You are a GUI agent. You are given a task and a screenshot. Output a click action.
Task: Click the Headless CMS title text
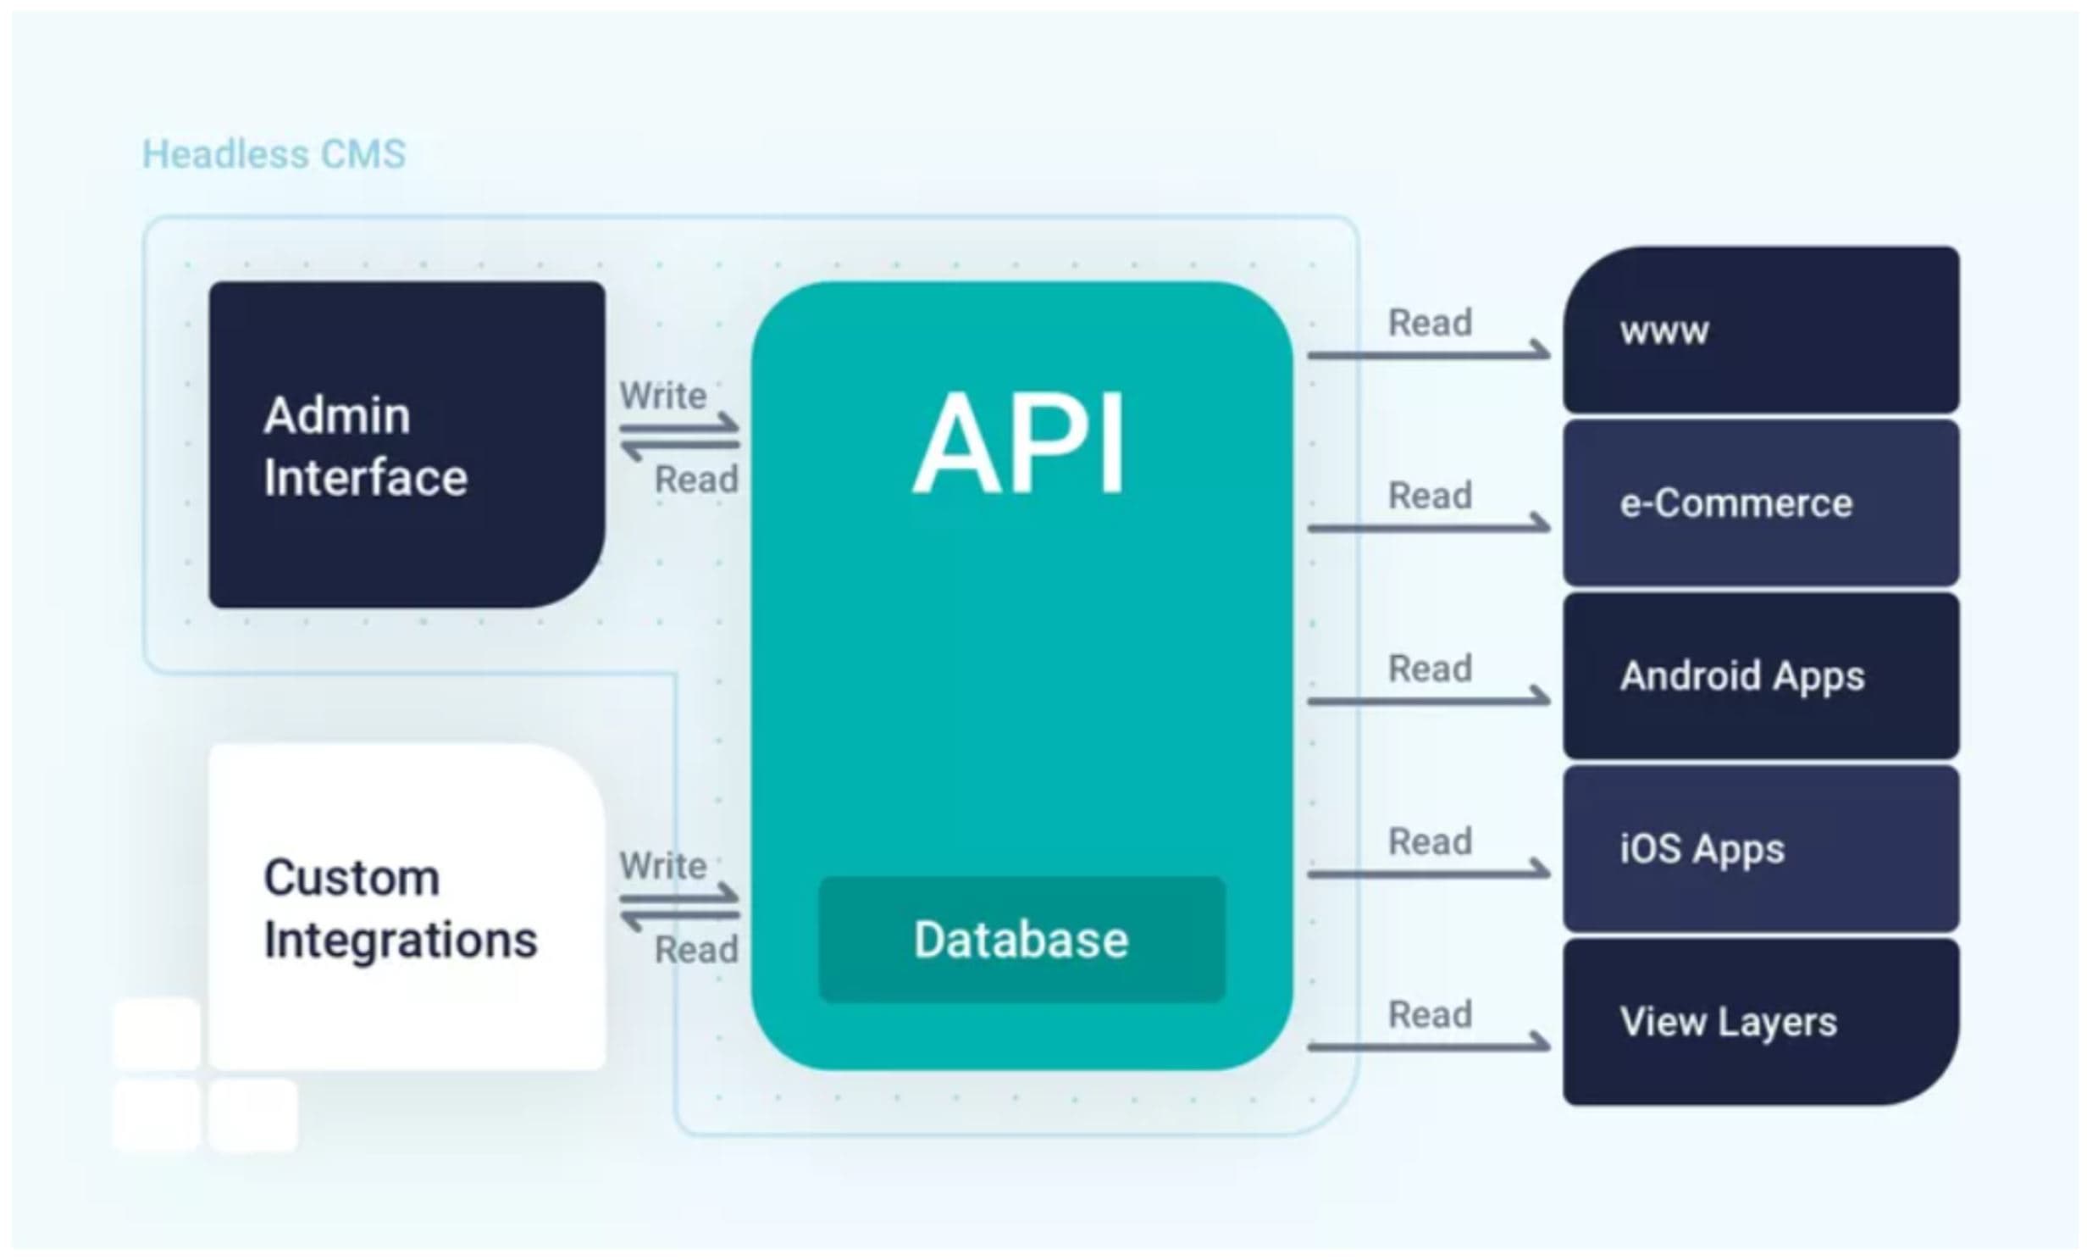[274, 155]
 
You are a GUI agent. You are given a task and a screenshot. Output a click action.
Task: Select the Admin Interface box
[407, 445]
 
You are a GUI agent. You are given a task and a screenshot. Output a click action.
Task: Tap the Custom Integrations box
[407, 907]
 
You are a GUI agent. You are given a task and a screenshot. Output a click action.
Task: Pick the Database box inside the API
[1021, 940]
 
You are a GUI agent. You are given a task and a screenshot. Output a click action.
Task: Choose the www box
[1760, 330]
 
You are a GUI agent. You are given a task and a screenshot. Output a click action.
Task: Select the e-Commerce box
[1760, 503]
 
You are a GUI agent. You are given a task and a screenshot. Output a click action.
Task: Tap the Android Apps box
[1760, 676]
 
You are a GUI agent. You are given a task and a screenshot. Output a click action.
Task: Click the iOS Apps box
[1760, 849]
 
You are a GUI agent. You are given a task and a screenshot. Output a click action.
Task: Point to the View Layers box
[1760, 1022]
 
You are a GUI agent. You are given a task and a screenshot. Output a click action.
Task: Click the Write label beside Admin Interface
[662, 396]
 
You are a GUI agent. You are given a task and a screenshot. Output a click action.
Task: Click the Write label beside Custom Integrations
[662, 866]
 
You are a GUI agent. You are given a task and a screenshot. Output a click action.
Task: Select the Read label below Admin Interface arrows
[696, 480]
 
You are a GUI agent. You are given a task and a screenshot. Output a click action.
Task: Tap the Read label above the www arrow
[1430, 323]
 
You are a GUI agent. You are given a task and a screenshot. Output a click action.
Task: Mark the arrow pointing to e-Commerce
[1428, 527]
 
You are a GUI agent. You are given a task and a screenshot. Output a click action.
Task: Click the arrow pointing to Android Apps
[1428, 700]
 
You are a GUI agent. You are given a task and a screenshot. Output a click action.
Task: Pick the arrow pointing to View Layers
[1428, 1046]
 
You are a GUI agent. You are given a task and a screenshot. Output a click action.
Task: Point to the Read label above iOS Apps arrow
[1430, 842]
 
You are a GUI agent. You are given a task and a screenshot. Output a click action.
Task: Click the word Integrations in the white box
[401, 940]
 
